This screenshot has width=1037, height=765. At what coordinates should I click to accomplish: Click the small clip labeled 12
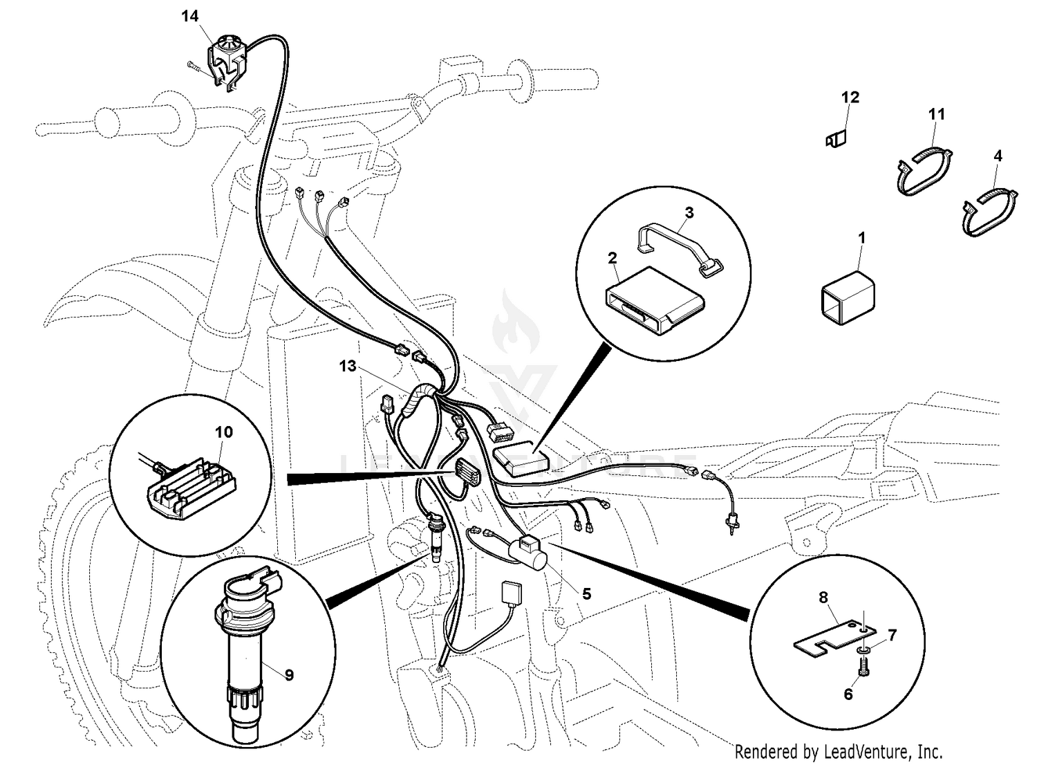(837, 140)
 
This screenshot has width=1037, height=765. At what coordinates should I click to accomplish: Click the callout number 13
(348, 366)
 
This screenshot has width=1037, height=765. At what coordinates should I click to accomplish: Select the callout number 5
(586, 593)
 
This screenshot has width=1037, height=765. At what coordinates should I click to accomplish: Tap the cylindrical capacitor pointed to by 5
(528, 553)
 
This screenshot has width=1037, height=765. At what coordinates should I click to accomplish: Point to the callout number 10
(224, 432)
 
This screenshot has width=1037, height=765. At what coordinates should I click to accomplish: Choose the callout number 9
(289, 674)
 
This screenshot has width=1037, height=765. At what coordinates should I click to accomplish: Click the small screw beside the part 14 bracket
(194, 66)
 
